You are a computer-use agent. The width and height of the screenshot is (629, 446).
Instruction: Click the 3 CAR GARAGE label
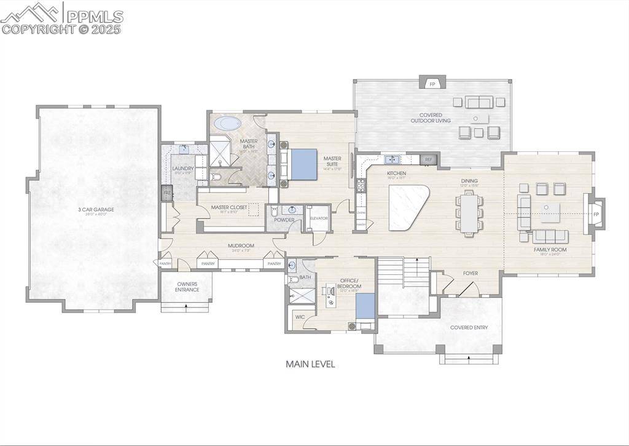[96, 210]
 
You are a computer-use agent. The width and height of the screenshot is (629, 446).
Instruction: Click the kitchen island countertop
[408, 207]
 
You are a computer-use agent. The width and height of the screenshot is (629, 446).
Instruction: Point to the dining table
[470, 212]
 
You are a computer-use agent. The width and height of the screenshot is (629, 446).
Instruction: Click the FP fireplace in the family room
[596, 214]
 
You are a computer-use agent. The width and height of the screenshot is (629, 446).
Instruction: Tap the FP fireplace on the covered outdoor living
[432, 83]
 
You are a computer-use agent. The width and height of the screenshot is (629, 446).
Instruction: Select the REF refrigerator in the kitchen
[429, 160]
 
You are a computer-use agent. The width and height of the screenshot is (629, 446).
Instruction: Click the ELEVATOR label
[319, 218]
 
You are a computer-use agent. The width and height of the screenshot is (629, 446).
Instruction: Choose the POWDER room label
[284, 220]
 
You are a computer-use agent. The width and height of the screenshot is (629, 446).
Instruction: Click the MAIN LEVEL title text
[310, 364]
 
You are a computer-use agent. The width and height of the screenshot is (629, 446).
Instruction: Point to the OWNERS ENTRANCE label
[187, 287]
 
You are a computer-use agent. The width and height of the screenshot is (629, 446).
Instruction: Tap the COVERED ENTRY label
[469, 327]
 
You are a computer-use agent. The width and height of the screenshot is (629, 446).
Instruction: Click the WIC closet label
[300, 317]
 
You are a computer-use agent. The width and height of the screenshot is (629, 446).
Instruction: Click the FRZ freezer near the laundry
[166, 194]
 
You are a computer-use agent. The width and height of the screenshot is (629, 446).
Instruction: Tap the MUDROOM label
[241, 245]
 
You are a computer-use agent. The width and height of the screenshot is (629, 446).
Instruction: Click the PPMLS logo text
[95, 17]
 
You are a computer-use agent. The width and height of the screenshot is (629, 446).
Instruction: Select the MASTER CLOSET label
[229, 207]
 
